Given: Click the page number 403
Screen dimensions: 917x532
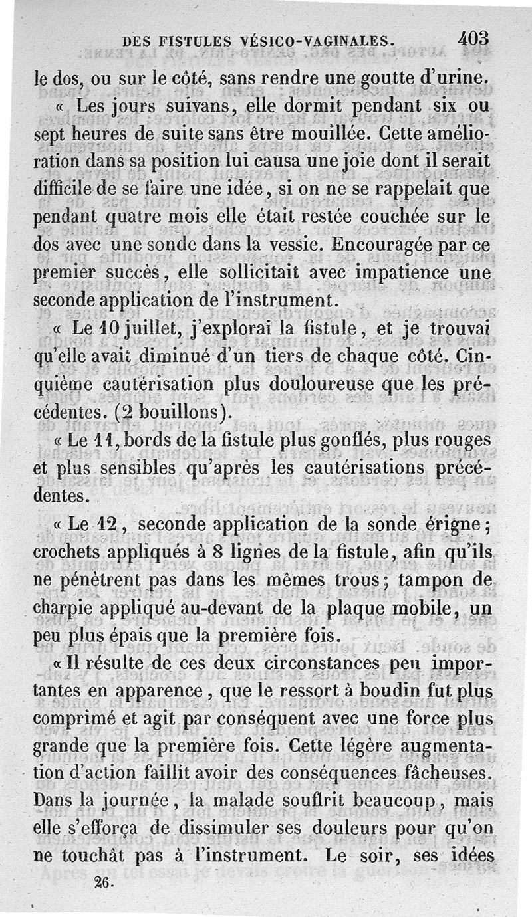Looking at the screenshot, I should [x=473, y=39].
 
